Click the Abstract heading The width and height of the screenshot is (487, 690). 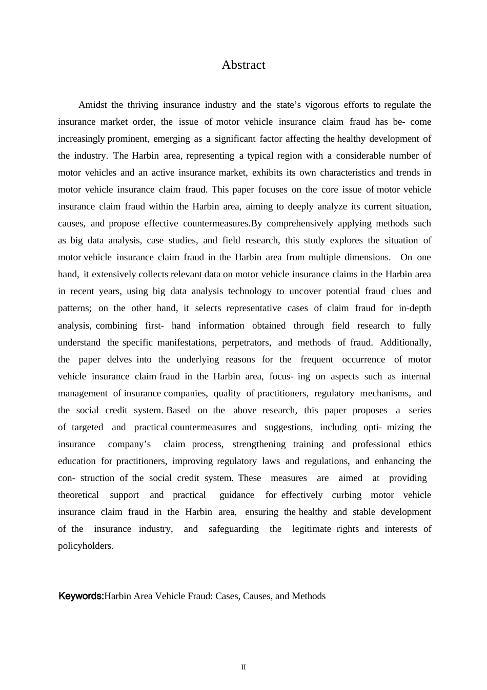pyautogui.click(x=243, y=65)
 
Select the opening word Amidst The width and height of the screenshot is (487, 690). pyautogui.click(x=93, y=105)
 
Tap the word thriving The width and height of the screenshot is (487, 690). pyautogui.click(x=143, y=105)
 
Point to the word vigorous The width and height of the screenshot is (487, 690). pyautogui.click(x=322, y=105)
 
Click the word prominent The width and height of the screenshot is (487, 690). pyautogui.click(x=128, y=139)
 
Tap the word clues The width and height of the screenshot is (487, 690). pyautogui.click(x=401, y=292)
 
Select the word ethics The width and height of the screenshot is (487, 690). pyautogui.click(x=420, y=445)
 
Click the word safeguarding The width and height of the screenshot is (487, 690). pyautogui.click(x=234, y=529)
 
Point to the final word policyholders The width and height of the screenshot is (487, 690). pyautogui.click(x=86, y=546)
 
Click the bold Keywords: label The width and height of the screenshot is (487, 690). pyautogui.click(x=81, y=597)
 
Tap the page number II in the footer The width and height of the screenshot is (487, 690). pyautogui.click(x=243, y=667)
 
